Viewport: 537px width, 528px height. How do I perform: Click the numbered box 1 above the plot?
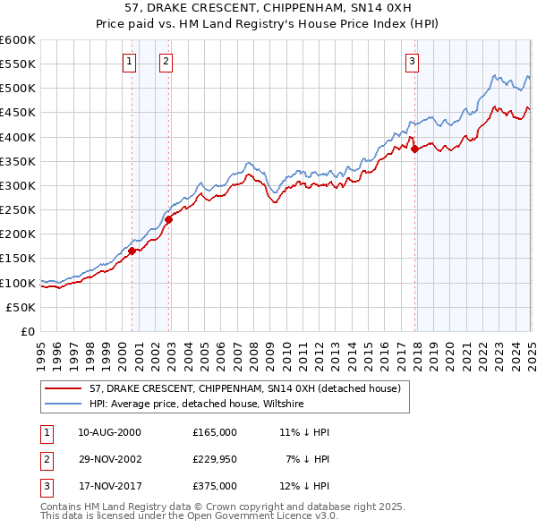pyautogui.click(x=130, y=62)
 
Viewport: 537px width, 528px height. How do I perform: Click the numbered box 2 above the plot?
pyautogui.click(x=166, y=62)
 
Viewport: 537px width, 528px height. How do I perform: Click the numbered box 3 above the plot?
pyautogui.click(x=412, y=62)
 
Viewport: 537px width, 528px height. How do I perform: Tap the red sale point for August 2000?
pyautogui.click(x=132, y=251)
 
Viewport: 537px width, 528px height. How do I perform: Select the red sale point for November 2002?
pyautogui.click(x=169, y=219)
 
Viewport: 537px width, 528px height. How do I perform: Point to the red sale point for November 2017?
pyautogui.click(x=414, y=149)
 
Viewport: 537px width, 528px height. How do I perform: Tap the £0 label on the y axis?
pyautogui.click(x=26, y=332)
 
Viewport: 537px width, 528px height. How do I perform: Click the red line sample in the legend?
pyautogui.click(x=64, y=388)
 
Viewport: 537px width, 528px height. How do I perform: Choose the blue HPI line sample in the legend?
pyautogui.click(x=64, y=404)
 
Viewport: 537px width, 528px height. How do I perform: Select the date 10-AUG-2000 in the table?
pyautogui.click(x=110, y=432)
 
